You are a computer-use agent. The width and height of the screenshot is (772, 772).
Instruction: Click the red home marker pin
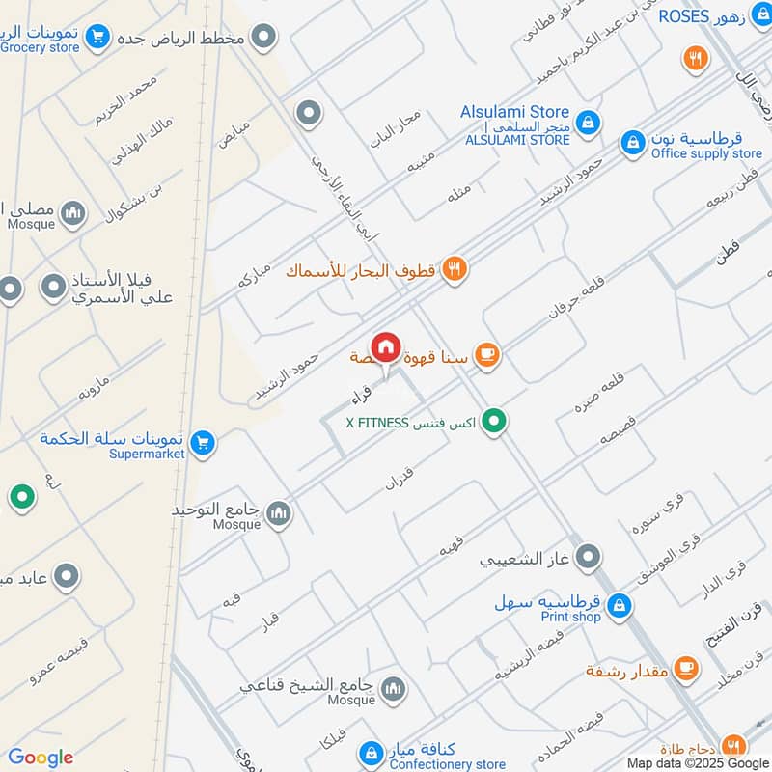point(386,347)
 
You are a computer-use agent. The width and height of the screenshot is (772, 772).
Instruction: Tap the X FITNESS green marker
point(494,422)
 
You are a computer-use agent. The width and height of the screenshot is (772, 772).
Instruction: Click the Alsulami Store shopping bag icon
point(587,123)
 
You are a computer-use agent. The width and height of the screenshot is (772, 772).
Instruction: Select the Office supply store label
point(706,153)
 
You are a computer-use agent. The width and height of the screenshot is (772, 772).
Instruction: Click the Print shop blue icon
point(620,606)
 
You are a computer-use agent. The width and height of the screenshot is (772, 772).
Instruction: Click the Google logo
point(40,758)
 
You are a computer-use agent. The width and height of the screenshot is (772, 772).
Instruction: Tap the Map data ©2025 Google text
point(699,762)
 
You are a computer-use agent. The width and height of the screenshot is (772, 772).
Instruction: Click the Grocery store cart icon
point(96,38)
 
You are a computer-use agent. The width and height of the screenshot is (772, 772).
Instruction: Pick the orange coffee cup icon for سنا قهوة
point(487,356)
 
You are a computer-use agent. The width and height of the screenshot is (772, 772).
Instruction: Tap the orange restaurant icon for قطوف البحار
point(455,270)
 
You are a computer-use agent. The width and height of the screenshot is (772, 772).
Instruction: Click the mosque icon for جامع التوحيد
point(279,512)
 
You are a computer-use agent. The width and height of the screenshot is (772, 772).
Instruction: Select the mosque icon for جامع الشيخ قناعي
point(393,689)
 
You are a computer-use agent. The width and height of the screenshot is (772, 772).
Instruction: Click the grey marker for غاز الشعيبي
point(587,557)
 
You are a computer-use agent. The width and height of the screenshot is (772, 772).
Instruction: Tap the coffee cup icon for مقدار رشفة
point(686,669)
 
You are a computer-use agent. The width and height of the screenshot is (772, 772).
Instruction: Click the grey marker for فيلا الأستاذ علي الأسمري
point(53,287)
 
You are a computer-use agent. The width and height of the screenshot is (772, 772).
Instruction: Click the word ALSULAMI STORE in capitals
point(517,140)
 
